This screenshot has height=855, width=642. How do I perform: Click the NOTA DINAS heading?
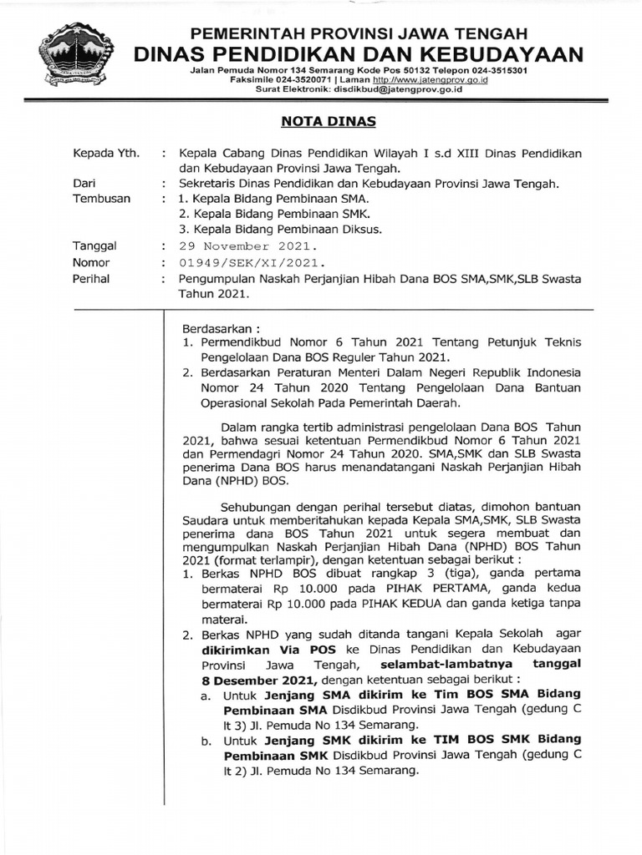point(327,122)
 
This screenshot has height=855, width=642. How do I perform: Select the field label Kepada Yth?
point(106,154)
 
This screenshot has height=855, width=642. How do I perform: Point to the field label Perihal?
point(92,279)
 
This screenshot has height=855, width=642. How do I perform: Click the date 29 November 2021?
point(247,246)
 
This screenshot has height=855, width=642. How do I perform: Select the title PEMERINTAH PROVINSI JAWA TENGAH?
point(359,34)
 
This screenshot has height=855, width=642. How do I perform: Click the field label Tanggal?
point(94,246)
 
